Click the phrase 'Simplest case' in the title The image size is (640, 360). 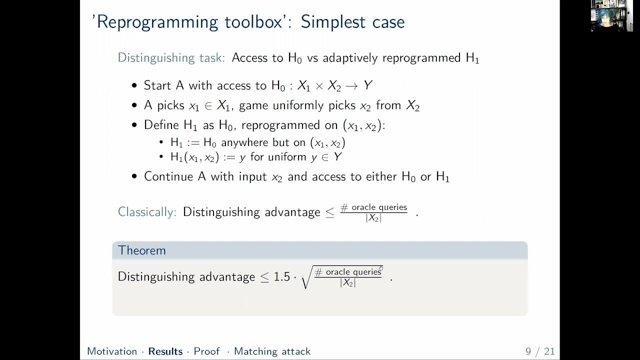[352, 22]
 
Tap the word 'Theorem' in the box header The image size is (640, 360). [142, 250]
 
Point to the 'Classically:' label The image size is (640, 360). [147, 212]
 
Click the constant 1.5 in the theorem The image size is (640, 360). [282, 277]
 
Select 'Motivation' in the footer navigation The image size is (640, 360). [112, 351]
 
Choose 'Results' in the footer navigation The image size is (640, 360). [165, 351]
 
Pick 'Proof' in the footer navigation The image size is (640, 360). [206, 351]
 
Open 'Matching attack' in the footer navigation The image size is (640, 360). [272, 351]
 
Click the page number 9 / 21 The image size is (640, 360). [540, 351]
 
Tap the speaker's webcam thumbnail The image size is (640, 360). [608, 16]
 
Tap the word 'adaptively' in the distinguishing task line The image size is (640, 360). [350, 58]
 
